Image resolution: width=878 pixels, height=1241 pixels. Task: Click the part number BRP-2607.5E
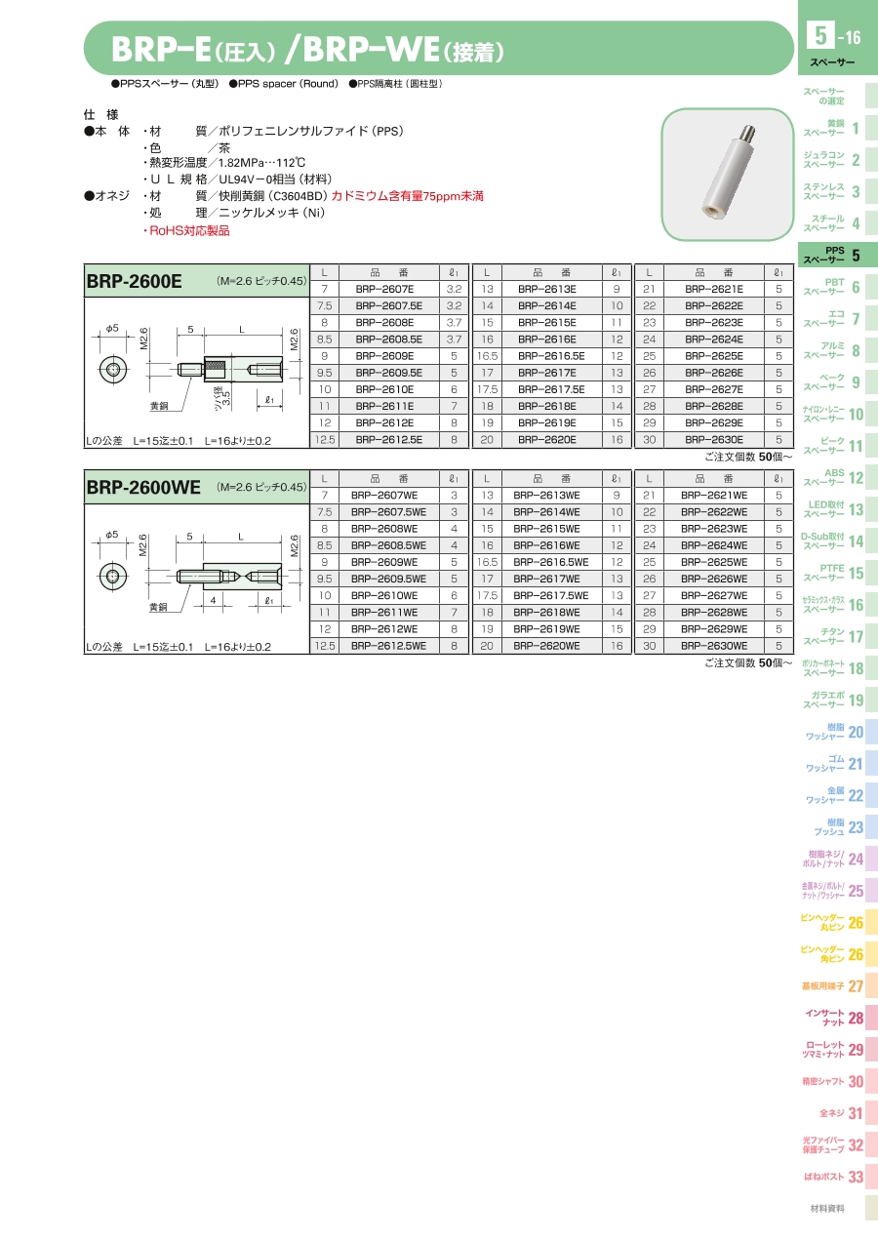click(388, 305)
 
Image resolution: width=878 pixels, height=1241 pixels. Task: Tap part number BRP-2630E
click(713, 439)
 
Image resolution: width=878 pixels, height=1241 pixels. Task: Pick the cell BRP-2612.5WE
click(388, 646)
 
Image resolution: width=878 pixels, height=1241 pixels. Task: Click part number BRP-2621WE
click(713, 496)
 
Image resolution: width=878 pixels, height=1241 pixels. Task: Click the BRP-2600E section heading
click(134, 281)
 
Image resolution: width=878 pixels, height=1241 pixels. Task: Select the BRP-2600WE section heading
click(143, 487)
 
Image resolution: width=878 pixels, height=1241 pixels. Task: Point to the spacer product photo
click(728, 174)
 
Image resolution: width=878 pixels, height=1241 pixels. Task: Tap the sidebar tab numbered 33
click(834, 1177)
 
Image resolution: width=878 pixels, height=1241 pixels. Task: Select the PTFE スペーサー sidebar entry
click(834, 573)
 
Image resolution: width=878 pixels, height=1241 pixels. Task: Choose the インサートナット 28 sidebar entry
click(834, 1018)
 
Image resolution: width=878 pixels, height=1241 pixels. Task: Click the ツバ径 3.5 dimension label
click(222, 397)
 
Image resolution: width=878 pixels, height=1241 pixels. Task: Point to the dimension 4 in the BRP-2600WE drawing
click(213, 600)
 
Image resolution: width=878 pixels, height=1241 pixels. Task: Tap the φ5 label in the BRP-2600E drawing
click(112, 329)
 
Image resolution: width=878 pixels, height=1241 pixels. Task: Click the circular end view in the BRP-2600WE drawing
click(113, 577)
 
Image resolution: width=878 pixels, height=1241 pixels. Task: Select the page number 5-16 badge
click(834, 36)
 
